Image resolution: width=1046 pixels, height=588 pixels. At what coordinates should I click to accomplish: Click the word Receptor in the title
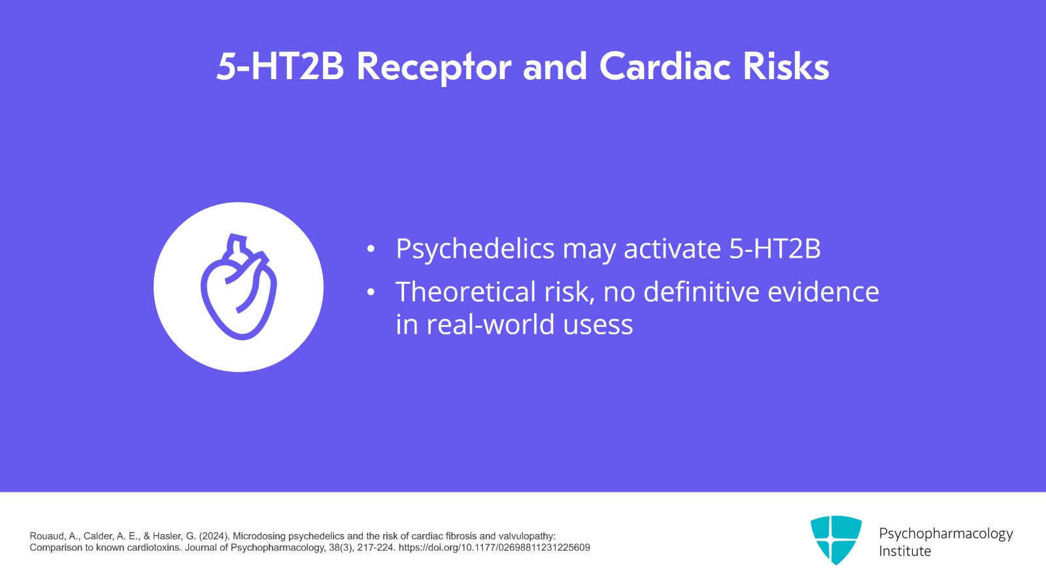433,67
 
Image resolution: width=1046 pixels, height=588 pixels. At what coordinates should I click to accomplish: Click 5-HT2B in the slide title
280,67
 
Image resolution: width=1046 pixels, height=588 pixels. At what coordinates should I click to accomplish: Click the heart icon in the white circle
239,287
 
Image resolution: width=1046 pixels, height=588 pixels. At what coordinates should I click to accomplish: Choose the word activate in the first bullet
672,249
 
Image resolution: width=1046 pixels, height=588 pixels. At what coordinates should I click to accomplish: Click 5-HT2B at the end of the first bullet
775,249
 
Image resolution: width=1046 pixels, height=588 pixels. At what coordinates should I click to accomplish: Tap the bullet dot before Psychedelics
371,249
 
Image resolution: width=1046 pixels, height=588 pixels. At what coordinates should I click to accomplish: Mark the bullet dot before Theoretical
371,292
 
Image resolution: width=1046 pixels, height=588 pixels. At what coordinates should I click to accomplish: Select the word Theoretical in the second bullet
466,292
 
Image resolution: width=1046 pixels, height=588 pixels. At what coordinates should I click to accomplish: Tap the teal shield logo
835,540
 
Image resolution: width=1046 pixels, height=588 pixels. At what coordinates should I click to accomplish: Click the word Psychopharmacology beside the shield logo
945,534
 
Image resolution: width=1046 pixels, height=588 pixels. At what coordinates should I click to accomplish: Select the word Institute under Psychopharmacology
905,551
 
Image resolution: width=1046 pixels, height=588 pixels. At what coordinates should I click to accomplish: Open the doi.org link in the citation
494,547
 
